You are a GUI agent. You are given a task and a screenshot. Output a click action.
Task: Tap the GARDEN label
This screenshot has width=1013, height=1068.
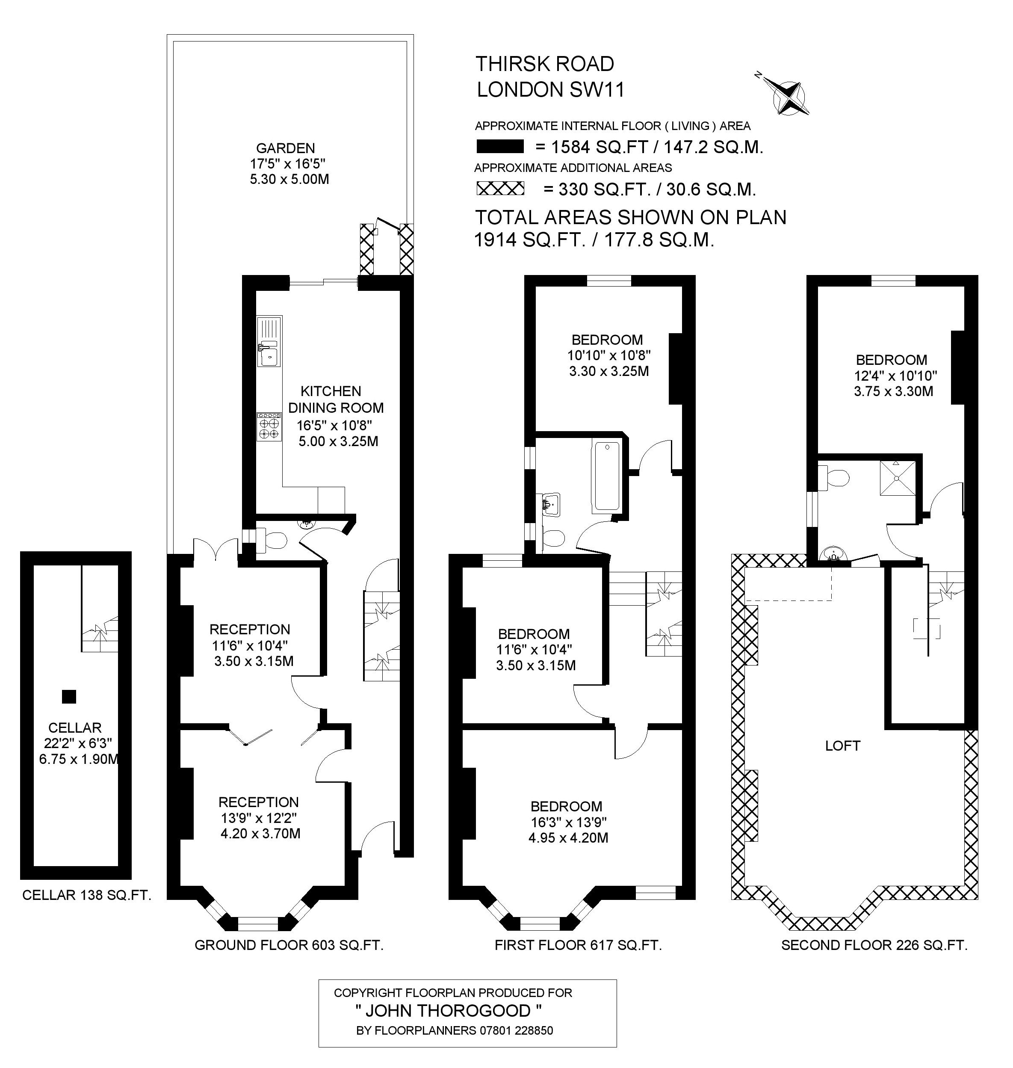pyautogui.click(x=285, y=148)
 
